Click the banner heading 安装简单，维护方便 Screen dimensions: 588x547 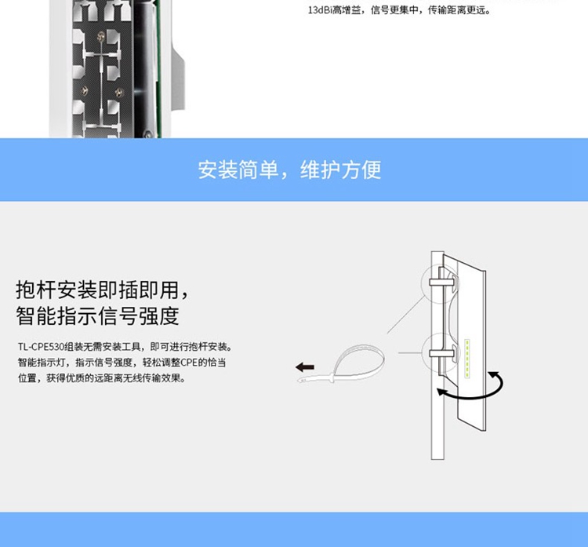(x=289, y=170)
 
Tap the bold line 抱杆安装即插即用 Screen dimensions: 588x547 (x=102, y=290)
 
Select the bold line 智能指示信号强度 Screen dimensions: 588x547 (x=98, y=316)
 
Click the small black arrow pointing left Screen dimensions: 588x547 (x=304, y=366)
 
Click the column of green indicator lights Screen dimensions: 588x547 (x=468, y=359)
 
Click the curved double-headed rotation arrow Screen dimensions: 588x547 (x=470, y=388)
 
